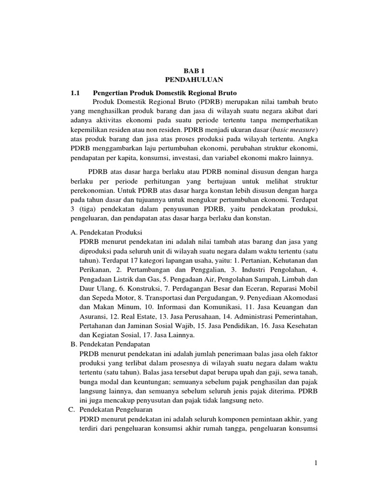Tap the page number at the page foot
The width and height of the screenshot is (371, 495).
point(315,464)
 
